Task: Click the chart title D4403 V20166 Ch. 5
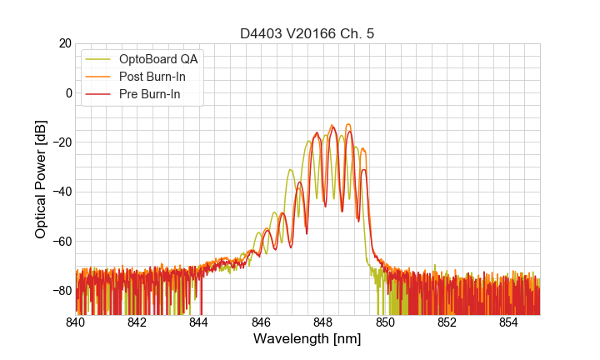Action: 307,33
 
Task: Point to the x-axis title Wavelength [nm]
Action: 307,339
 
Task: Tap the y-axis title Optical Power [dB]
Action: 41,179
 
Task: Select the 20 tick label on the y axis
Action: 64,43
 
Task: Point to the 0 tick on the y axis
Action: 68,92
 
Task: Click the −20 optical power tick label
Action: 60,142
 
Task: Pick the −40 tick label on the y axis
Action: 60,192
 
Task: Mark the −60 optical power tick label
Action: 60,241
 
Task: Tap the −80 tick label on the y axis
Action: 60,291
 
